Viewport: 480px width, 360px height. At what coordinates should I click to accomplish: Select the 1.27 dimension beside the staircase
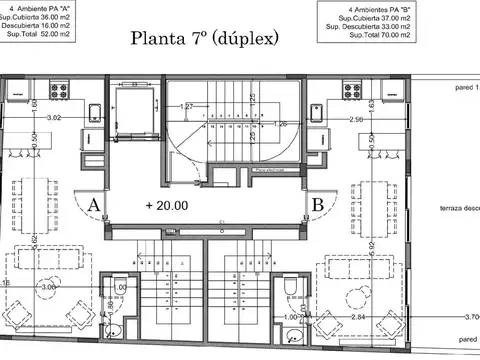click(x=187, y=106)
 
